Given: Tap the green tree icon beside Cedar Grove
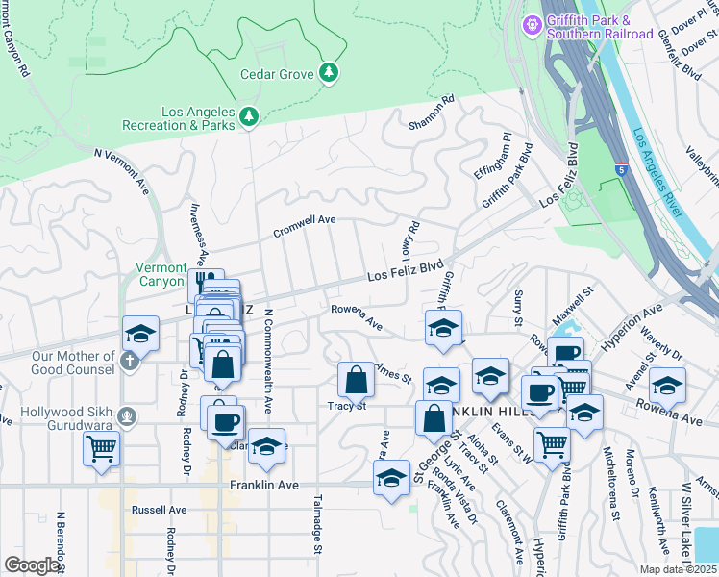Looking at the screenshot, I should click(x=329, y=73).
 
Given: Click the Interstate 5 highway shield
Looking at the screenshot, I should click(x=615, y=170).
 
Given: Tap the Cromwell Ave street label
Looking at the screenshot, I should click(x=304, y=226).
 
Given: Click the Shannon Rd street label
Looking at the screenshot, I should click(x=431, y=113).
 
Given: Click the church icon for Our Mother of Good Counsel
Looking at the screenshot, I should click(x=131, y=363).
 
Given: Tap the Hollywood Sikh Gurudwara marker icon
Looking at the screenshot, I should click(x=130, y=415).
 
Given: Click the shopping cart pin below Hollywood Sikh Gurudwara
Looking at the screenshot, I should click(x=102, y=447).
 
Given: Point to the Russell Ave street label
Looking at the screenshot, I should click(x=160, y=510).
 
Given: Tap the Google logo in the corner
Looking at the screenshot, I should click(x=33, y=564).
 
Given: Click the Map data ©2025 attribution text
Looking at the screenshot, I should click(x=677, y=569).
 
